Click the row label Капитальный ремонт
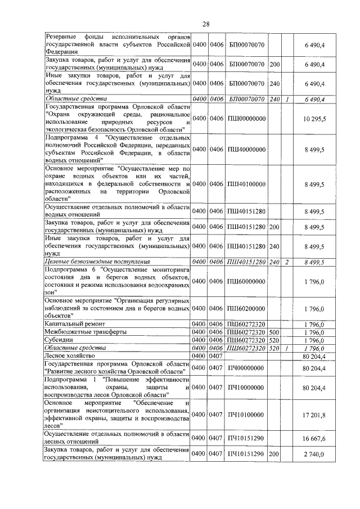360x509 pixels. pos(70,325)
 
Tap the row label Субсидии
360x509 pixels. pos(58,340)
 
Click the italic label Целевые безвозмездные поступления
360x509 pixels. pos(97,262)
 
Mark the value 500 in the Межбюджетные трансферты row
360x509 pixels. pos(274,332)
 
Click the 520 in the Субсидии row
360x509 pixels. pos(274,340)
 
